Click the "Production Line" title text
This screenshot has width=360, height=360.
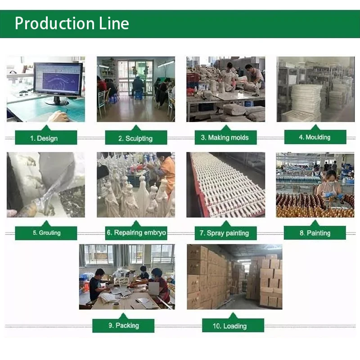[x=72, y=23]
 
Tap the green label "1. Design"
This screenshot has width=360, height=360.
[x=46, y=138]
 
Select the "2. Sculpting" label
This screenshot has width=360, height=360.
[x=135, y=138]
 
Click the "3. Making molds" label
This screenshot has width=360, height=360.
[x=225, y=138]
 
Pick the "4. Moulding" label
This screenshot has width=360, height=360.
[x=315, y=137]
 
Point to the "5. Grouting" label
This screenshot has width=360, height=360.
[x=46, y=233]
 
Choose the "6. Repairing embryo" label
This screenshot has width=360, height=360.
[x=136, y=233]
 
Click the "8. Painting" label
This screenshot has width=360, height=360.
[x=315, y=233]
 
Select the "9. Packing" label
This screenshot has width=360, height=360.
[x=123, y=325]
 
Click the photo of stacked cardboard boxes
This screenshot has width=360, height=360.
[x=234, y=276]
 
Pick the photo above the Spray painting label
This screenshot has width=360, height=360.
[x=225, y=184]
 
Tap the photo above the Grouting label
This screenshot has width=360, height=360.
[x=45, y=184]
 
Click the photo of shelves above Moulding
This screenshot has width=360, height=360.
[x=315, y=89]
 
